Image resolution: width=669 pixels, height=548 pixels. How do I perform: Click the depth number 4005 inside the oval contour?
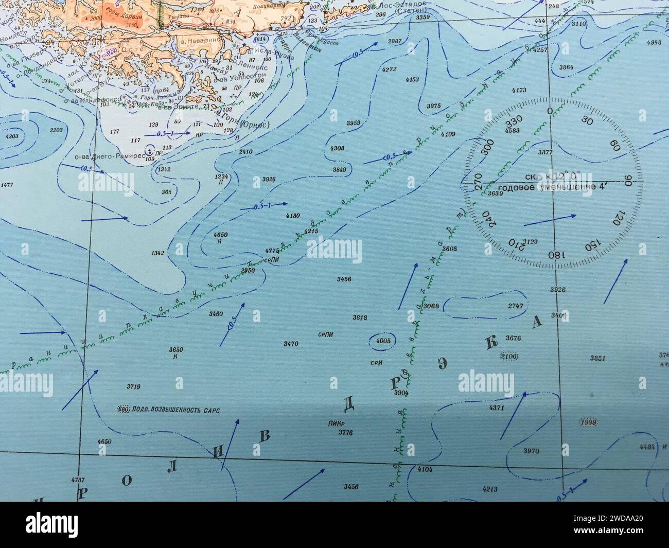point(383,341)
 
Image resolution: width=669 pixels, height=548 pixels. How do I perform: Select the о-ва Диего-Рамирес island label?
point(101,158)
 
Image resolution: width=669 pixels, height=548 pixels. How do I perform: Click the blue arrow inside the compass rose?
point(550,220)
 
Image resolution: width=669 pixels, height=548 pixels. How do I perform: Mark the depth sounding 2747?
point(515,306)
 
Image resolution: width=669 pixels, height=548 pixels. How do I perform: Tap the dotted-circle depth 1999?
point(587,422)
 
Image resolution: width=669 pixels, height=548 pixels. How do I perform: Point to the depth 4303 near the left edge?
point(11,136)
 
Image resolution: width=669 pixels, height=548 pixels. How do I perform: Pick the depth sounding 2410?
point(246,152)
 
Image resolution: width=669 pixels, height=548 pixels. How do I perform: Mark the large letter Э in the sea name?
point(442,363)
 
